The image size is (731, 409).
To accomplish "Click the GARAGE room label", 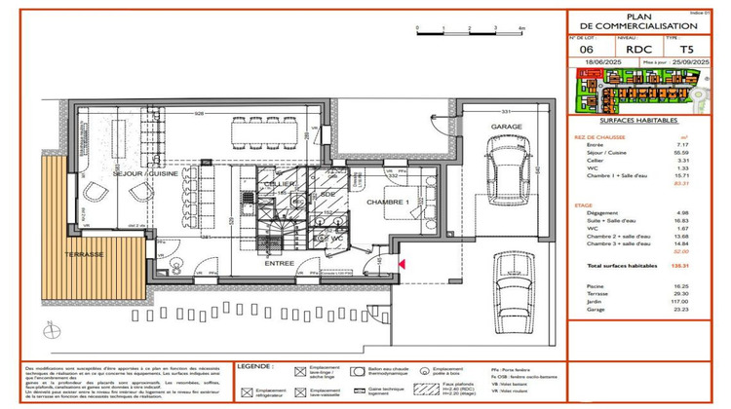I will coord(504,128).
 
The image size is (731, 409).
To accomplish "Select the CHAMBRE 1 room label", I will coord(388,202).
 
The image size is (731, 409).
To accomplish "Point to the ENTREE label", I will coord(280,263).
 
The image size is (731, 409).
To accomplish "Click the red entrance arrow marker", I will coord(402,262).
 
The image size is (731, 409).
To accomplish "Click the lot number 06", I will coord(587,48).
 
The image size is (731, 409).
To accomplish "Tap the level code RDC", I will coord(637,48).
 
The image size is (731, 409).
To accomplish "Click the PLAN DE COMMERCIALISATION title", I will coord(646,20).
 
